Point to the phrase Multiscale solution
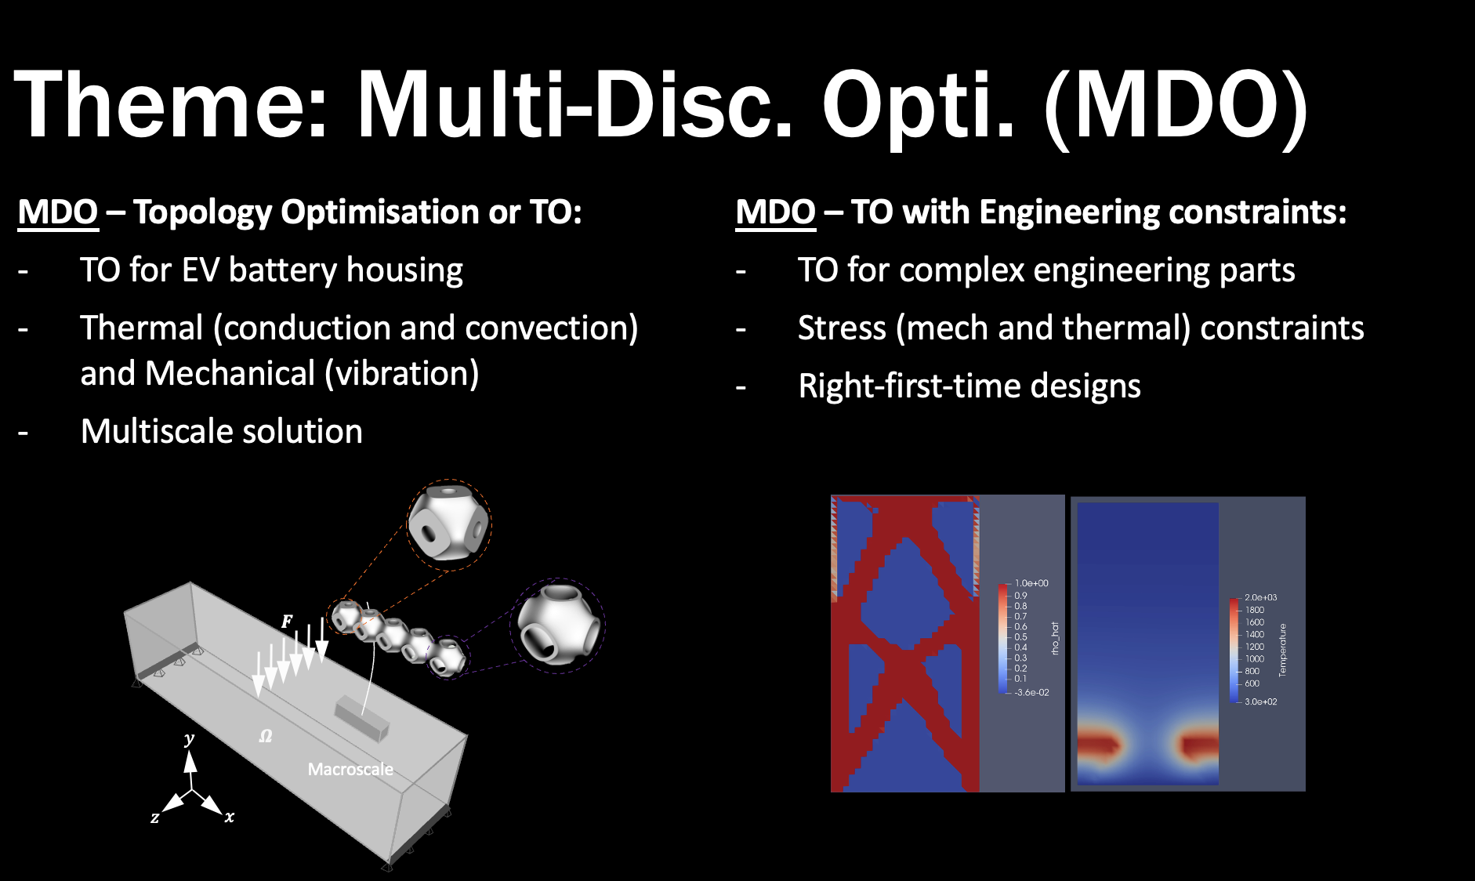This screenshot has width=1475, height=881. click(x=222, y=431)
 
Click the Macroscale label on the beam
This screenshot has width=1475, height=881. click(x=350, y=769)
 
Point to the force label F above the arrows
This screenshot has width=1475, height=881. click(x=287, y=622)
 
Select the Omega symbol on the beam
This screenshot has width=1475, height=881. click(x=266, y=736)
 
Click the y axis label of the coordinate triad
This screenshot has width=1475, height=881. click(x=189, y=739)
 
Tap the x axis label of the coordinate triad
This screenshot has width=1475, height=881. click(x=230, y=817)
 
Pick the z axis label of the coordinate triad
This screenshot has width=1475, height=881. click(x=155, y=818)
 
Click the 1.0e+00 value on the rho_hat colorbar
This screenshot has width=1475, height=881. click(x=1031, y=583)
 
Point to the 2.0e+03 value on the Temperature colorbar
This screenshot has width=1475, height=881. click(x=1261, y=597)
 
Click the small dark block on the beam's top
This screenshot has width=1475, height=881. click(x=362, y=716)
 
